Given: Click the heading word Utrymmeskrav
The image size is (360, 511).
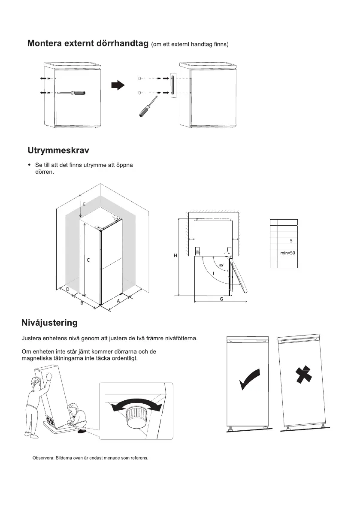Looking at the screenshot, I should [x=58, y=151].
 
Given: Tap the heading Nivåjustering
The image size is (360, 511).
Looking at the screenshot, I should [x=50, y=322].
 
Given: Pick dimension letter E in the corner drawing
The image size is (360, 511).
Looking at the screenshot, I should [x=84, y=205].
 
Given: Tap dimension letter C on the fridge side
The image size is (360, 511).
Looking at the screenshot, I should [x=88, y=260].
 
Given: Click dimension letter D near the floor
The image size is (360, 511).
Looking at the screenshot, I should [x=68, y=289].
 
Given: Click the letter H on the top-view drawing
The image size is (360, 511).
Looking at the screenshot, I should [x=175, y=256].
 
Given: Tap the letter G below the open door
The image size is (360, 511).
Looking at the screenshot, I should [x=221, y=299].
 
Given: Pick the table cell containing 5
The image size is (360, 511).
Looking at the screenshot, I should [x=291, y=241].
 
